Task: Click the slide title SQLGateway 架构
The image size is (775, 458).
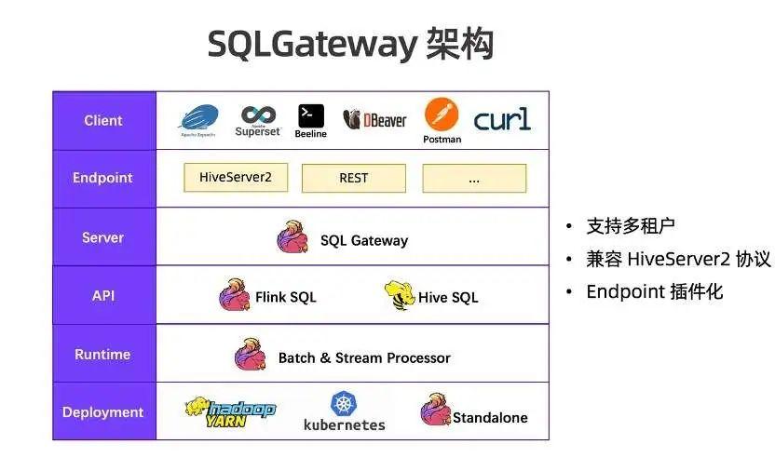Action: pos(350,44)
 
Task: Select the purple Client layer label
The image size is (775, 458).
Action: pos(103,121)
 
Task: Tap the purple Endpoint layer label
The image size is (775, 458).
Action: pos(103,179)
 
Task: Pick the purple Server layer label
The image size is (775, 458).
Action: pos(103,237)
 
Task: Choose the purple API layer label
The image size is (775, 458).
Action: pos(103,296)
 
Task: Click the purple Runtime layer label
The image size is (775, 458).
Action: pos(103,355)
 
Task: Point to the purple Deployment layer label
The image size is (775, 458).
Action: pos(103,412)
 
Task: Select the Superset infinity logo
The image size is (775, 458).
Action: pos(258,116)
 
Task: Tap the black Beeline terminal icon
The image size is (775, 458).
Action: pos(311,115)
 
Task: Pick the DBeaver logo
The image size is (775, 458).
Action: pos(374,120)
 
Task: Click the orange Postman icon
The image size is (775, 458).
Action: pos(442,115)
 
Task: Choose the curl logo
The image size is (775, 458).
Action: pos(502,119)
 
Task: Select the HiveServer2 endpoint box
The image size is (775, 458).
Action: pos(236,178)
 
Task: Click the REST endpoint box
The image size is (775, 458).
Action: pos(354,178)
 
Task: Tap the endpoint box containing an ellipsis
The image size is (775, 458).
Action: pos(474,178)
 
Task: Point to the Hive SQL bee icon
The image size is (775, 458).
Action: pos(399,295)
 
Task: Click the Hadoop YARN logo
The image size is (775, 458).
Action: pos(229,411)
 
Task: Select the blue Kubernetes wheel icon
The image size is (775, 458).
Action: pos(344,404)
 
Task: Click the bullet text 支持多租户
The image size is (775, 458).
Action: pos(630,226)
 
